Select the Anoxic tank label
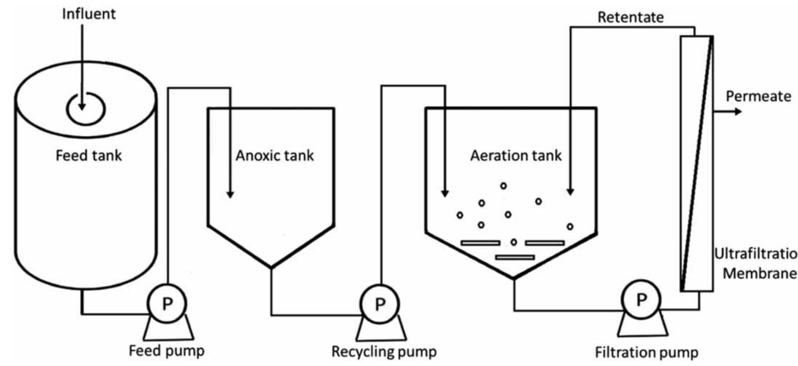click(275, 156)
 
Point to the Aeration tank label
click(516, 156)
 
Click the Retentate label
click(630, 17)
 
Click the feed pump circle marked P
click(167, 304)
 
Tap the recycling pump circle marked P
click(379, 304)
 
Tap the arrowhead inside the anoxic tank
click(230, 194)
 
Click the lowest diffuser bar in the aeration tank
click(514, 257)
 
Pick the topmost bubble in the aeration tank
click(503, 185)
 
